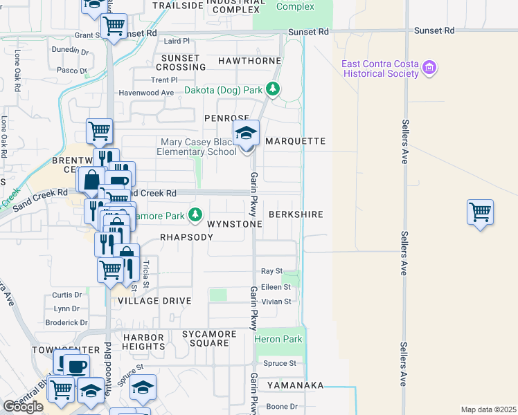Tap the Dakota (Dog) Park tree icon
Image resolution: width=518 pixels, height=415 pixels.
pos(274,89)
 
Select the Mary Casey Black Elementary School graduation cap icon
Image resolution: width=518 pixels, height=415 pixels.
pos(246,133)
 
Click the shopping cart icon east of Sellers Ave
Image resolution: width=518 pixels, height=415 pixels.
pos(480,211)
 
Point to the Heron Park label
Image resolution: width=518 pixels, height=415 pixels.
pos(278,340)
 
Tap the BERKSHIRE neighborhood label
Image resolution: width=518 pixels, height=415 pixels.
pos(296,215)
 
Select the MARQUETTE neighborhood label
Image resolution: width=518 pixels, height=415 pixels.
pos(295,141)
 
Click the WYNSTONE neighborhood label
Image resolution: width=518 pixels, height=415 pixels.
pos(235,225)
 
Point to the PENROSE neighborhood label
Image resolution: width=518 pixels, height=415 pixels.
pos(226,118)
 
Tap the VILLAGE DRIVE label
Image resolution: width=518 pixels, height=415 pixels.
pos(154,302)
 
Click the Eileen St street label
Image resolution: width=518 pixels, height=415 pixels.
pos(276,286)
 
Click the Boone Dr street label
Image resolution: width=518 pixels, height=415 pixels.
pos(281,407)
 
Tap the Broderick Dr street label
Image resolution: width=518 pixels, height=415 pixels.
pos(66,322)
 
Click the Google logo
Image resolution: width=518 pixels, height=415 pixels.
pos(23,407)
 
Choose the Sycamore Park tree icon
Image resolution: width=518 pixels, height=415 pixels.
pos(196,215)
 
